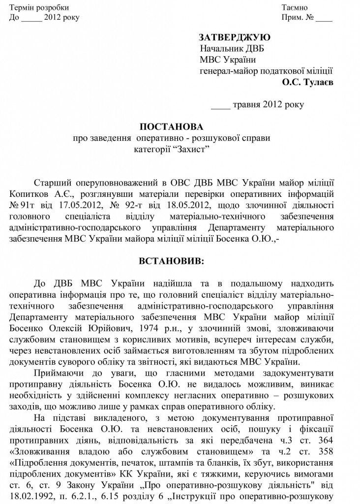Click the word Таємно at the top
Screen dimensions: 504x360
tap(295, 8)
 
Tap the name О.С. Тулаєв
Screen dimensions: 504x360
tap(307, 82)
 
